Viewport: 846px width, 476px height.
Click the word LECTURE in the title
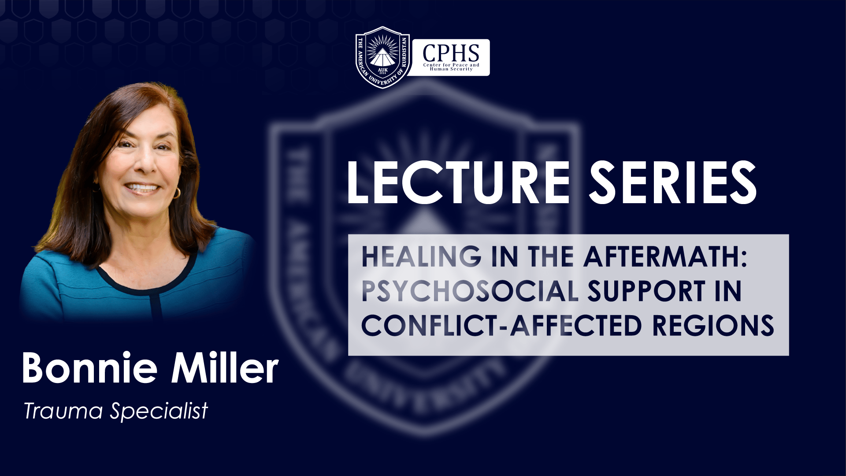(459, 182)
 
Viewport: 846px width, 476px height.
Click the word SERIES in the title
(673, 182)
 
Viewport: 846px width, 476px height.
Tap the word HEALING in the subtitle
(422, 257)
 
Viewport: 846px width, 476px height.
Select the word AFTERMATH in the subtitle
(660, 257)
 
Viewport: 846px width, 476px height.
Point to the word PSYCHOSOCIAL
(470, 291)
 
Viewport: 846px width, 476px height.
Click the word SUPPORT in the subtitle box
(646, 291)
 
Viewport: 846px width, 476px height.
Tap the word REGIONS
(713, 325)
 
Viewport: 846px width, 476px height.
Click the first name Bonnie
(89, 368)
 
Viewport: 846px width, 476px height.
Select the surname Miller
(225, 368)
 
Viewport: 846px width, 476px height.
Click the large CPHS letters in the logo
(451, 53)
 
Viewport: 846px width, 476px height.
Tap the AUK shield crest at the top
(382, 57)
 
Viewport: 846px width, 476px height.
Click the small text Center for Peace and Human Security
(451, 67)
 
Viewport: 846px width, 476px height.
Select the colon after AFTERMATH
(743, 257)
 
